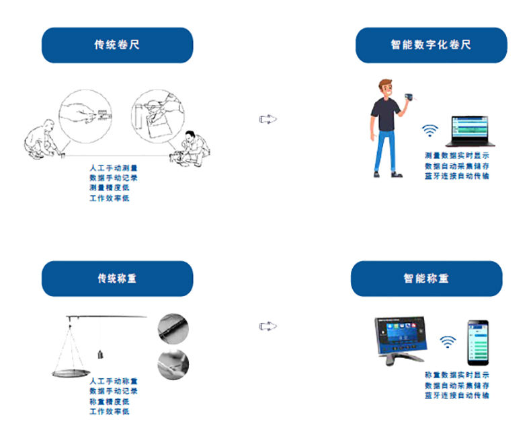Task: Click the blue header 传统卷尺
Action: click(x=117, y=45)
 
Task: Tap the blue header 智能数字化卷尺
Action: click(x=431, y=45)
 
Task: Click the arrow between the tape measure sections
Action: click(x=268, y=119)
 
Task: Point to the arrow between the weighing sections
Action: click(x=268, y=326)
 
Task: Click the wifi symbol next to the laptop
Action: click(x=430, y=130)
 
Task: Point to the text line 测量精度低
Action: click(x=109, y=188)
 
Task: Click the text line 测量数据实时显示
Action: click(x=457, y=155)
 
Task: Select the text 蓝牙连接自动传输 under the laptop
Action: click(x=457, y=176)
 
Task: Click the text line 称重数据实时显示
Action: click(x=457, y=375)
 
